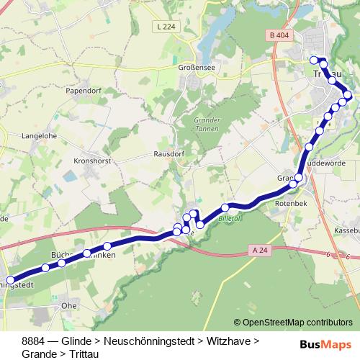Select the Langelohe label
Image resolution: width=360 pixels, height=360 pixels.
40,134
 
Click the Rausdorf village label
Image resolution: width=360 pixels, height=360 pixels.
170,154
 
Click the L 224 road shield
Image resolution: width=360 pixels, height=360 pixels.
165,27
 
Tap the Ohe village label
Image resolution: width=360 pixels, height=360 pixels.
70,305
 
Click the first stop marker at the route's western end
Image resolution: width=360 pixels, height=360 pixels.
10,280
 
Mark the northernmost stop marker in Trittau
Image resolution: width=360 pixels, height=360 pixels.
314,60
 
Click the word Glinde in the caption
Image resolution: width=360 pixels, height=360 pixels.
76,340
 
